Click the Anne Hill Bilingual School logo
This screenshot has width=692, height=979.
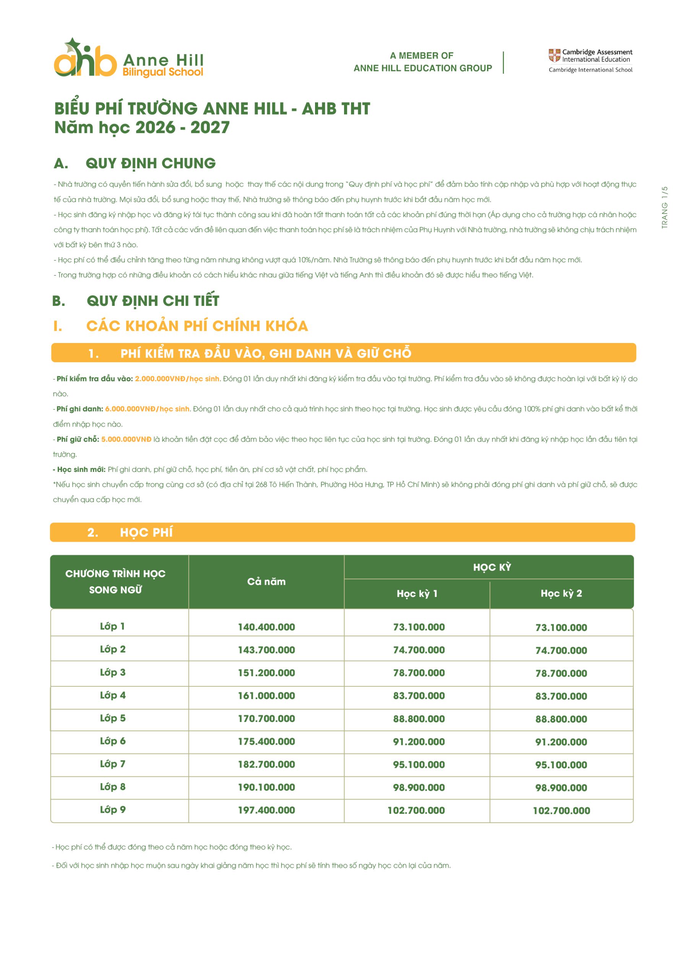tap(128, 59)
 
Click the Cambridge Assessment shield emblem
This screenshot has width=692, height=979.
tap(554, 55)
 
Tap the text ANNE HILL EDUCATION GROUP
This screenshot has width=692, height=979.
tap(422, 68)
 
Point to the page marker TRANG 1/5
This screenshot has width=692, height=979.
tap(664, 207)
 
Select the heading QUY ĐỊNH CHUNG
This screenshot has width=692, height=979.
tap(150, 163)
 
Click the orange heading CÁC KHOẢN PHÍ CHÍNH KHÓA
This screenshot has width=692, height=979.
tap(197, 326)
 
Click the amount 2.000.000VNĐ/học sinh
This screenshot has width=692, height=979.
tap(177, 379)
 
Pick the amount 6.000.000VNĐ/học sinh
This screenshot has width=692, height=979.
tap(147, 408)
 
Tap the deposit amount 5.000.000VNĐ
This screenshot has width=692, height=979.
tap(126, 439)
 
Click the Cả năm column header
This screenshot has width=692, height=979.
tap(266, 581)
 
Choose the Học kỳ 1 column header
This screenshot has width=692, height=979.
tap(417, 593)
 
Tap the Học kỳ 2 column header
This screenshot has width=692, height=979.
tap(561, 593)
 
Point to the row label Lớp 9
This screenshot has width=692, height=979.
tap(112, 809)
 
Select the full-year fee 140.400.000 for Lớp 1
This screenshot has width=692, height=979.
tap(266, 627)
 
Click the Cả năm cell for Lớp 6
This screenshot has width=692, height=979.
tap(266, 742)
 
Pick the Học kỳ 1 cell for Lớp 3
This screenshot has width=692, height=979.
tap(419, 673)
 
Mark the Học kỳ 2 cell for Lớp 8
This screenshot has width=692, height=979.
tap(561, 787)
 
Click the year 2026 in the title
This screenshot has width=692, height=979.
tap(155, 127)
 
